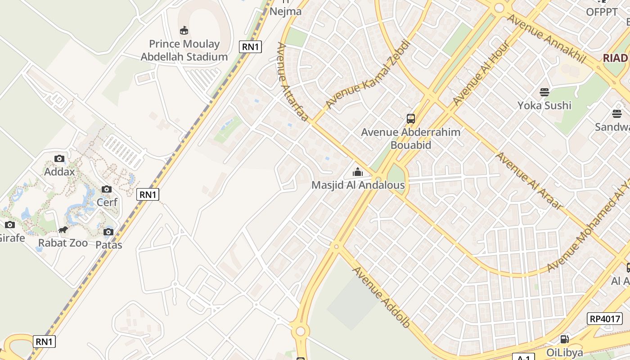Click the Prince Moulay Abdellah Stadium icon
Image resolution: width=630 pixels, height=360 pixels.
click(184, 31)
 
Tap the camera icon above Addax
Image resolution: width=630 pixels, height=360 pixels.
click(59, 158)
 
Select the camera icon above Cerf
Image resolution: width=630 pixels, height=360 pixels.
click(107, 189)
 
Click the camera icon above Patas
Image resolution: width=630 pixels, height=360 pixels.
click(108, 232)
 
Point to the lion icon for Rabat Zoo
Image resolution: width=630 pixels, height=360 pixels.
click(63, 230)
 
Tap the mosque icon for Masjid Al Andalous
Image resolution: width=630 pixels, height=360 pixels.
click(358, 172)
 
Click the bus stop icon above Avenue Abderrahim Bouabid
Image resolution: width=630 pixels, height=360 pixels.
click(411, 119)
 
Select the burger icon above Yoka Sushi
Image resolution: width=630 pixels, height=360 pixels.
click(544, 92)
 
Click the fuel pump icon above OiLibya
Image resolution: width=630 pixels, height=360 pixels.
click(564, 339)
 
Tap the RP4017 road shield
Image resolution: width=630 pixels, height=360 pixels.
click(605, 319)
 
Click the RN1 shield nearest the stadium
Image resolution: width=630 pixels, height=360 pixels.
click(250, 47)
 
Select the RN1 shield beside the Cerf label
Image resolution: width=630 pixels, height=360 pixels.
click(148, 194)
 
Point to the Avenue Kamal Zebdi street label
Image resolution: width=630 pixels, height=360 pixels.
click(368, 74)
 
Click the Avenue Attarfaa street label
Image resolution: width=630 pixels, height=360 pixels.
click(292, 82)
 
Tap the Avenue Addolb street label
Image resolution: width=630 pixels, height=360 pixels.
click(381, 297)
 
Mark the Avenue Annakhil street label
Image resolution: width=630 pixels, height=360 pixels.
click(546, 38)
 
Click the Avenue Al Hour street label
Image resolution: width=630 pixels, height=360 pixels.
click(481, 73)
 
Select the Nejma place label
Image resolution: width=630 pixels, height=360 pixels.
click(285, 11)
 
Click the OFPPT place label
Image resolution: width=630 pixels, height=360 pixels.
click(602, 12)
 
